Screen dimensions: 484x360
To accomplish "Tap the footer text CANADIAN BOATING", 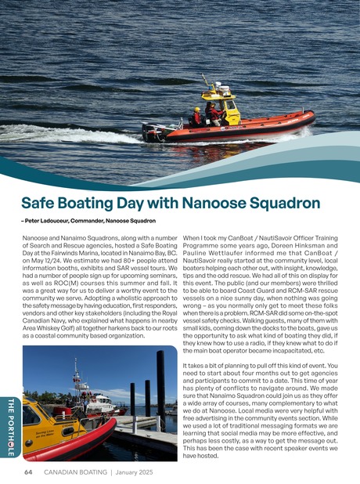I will click(76, 472).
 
